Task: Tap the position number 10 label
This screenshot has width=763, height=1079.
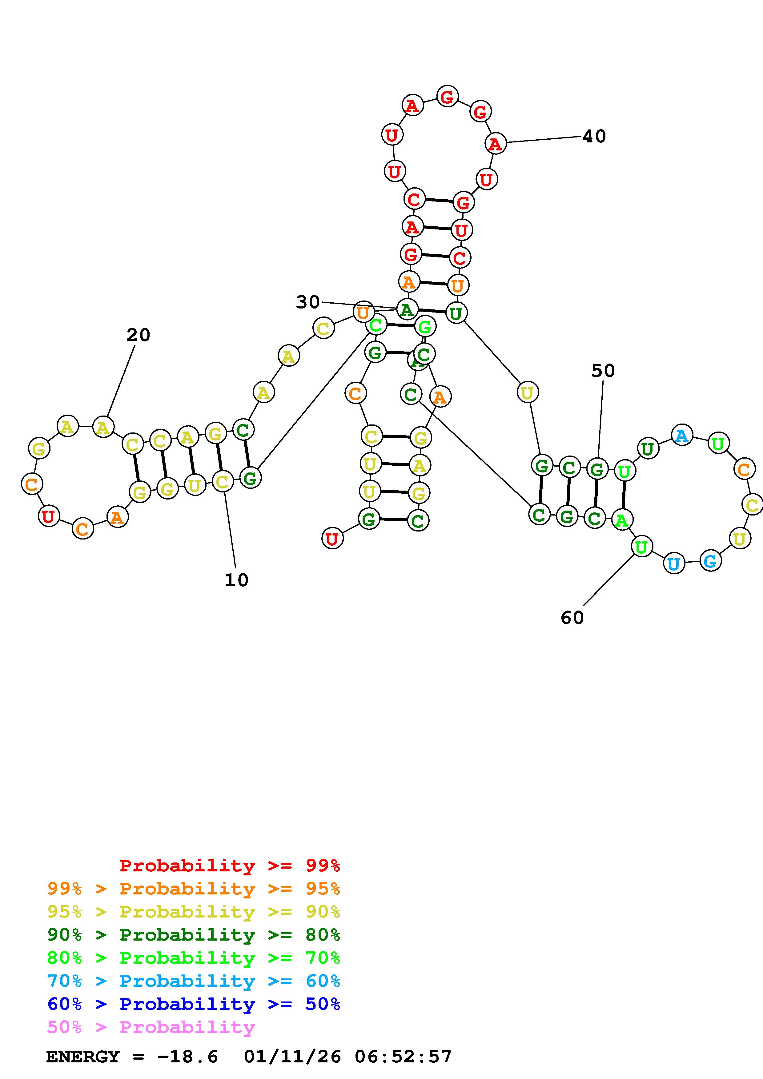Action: pyautogui.click(x=236, y=580)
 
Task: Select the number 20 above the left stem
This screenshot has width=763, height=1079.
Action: pyautogui.click(x=138, y=335)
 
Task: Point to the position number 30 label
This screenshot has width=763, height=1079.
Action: pyautogui.click(x=308, y=302)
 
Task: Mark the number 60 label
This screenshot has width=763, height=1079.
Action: pyautogui.click(x=572, y=618)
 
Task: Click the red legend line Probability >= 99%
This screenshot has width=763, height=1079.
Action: pyautogui.click(x=229, y=866)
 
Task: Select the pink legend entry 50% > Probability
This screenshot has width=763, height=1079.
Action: pyautogui.click(x=151, y=1027)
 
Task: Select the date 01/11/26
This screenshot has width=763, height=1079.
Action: pyautogui.click(x=292, y=1057)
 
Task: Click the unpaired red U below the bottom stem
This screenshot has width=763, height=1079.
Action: pyautogui.click(x=332, y=539)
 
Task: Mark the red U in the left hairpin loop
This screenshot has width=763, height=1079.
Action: pyautogui.click(x=48, y=516)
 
